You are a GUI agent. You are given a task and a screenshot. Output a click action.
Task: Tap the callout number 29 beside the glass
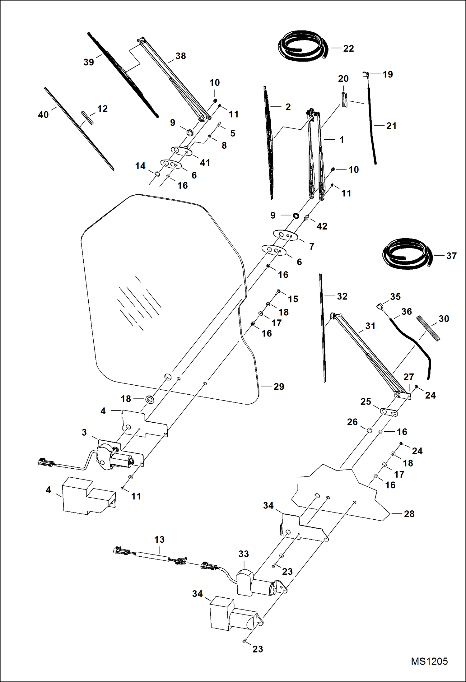(x=279, y=387)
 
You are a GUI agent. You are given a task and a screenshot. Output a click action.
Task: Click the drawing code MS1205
(x=429, y=661)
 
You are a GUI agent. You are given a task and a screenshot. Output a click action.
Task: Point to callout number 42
(x=322, y=226)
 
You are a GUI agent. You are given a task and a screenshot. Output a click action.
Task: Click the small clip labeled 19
(x=365, y=74)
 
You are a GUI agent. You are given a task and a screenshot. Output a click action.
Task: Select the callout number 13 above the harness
(x=159, y=539)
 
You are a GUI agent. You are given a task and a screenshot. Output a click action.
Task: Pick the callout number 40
(x=43, y=114)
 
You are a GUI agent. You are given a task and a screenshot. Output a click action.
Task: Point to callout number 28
(x=409, y=514)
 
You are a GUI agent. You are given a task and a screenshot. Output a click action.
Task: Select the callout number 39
(x=88, y=62)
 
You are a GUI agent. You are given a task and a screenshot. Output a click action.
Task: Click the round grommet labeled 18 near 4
(x=150, y=399)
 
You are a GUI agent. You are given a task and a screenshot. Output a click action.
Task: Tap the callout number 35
(x=395, y=296)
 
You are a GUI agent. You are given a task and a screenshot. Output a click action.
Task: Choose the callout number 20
(x=343, y=79)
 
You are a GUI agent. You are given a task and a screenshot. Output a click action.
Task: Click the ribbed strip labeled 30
(x=429, y=328)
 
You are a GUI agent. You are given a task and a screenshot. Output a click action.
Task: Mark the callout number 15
(x=293, y=299)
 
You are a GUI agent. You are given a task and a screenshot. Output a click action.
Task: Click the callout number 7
(x=311, y=246)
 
